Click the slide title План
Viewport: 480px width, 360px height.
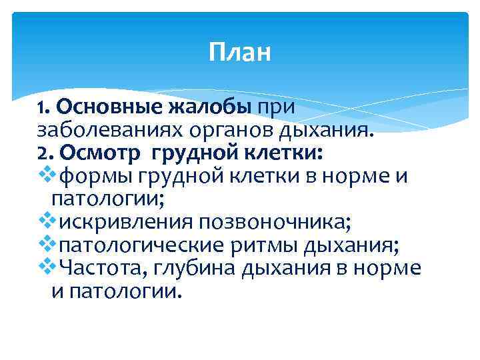point(239,52)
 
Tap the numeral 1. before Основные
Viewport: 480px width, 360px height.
point(44,107)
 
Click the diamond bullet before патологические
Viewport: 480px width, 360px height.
point(47,245)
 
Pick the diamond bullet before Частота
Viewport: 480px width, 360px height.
point(47,268)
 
